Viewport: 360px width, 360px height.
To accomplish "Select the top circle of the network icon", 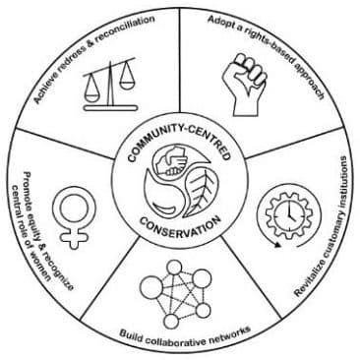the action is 175,268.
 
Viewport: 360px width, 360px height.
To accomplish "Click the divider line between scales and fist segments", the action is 180,69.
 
